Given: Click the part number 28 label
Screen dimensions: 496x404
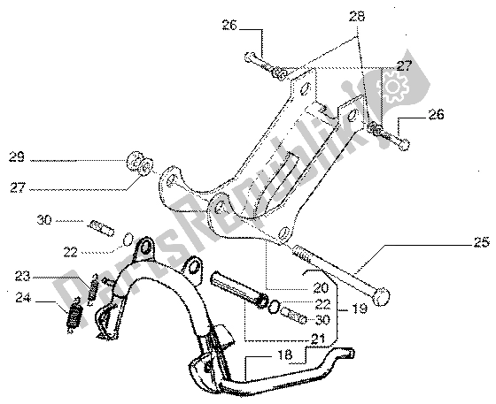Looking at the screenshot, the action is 357,17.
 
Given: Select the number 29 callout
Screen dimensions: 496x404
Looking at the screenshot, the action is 17,156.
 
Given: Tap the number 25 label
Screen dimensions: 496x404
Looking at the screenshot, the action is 482,242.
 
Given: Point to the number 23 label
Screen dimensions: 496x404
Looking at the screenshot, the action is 22,276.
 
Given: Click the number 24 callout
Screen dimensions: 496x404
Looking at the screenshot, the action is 23,298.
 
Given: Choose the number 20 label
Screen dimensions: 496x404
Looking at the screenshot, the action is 321,287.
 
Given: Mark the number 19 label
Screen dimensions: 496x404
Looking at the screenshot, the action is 360,309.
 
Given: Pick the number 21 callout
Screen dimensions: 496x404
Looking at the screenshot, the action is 318,339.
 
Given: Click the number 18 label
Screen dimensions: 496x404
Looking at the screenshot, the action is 284,354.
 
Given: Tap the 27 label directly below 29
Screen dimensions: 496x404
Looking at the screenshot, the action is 18,188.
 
